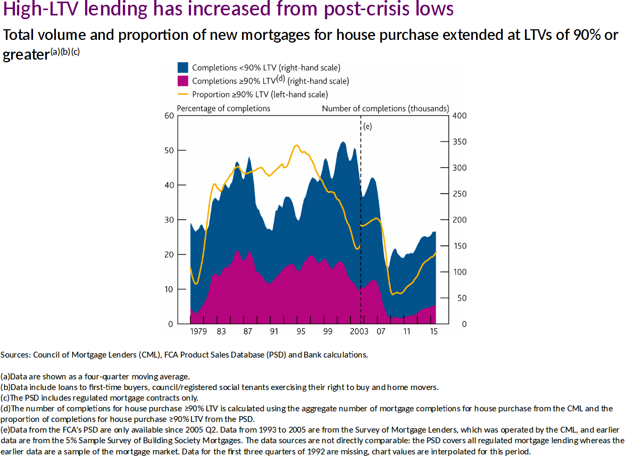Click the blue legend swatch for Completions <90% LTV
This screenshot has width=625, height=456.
click(183, 68)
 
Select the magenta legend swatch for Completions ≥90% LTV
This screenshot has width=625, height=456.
click(183, 81)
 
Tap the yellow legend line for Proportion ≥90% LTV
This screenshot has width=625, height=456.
click(183, 94)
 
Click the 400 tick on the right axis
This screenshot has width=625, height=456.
click(458, 116)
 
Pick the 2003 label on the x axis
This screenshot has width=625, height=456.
click(360, 331)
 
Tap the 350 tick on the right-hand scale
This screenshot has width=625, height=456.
click(458, 142)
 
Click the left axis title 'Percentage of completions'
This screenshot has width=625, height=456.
click(223, 109)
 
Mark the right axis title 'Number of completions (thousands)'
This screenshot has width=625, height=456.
click(386, 109)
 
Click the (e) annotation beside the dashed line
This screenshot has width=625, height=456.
click(368, 126)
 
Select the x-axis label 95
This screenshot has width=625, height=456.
click(301, 331)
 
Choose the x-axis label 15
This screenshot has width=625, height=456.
click(434, 331)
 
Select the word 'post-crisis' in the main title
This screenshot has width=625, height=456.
click(357, 11)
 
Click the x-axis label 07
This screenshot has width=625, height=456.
click(381, 331)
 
